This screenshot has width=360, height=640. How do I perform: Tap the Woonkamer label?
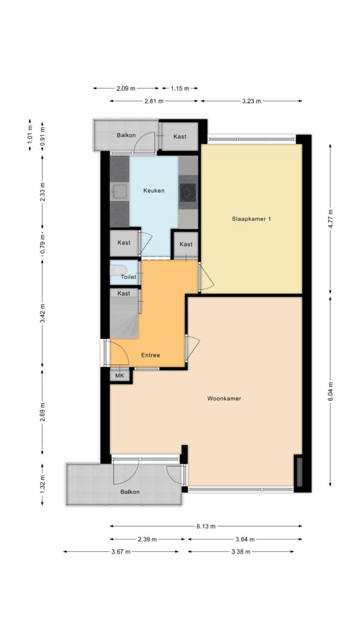click(x=224, y=398)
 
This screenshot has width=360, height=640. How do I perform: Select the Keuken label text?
click(x=154, y=191)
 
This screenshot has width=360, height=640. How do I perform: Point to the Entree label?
click(x=151, y=355)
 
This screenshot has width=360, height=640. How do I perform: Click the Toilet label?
click(x=128, y=277)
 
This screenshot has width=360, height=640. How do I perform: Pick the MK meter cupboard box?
click(x=120, y=375)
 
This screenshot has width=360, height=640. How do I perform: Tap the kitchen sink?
click(x=119, y=191)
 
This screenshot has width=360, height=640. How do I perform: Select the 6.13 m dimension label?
click(x=206, y=526)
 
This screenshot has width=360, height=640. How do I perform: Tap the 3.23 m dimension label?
click(x=251, y=101)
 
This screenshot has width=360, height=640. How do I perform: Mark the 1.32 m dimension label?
click(x=43, y=484)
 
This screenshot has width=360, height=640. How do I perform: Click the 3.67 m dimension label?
click(x=121, y=552)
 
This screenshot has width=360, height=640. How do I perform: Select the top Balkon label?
click(x=126, y=136)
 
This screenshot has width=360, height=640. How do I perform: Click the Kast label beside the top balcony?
click(x=180, y=136)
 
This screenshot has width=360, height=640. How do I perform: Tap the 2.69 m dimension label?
click(x=43, y=411)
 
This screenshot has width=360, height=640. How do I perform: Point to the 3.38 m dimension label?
click(x=241, y=552)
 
